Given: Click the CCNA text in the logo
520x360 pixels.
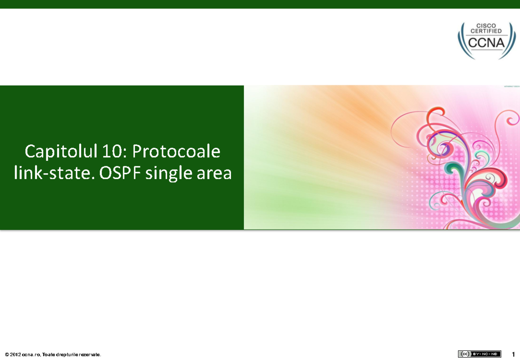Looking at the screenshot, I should pyautogui.click(x=486, y=43).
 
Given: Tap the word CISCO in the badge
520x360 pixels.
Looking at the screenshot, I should pyautogui.click(x=486, y=26).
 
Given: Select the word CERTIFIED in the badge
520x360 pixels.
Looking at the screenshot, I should pyautogui.click(x=486, y=31).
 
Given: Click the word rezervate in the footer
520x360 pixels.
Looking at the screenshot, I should pyautogui.click(x=90, y=355).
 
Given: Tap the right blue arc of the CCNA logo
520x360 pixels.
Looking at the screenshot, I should pyautogui.click(x=511, y=43).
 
